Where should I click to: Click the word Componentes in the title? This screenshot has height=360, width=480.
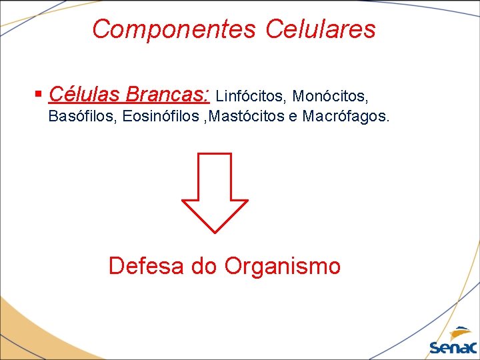(174, 29)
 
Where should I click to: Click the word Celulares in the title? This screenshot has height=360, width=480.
(321, 29)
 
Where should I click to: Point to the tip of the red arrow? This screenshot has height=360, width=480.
(215, 231)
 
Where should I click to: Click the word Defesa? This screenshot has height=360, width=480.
(147, 266)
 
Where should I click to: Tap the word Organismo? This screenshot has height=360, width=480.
(283, 266)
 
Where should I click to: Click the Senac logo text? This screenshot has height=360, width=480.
(453, 347)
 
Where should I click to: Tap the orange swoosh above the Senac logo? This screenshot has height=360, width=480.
(460, 333)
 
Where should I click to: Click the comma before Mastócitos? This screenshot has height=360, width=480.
(205, 121)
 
